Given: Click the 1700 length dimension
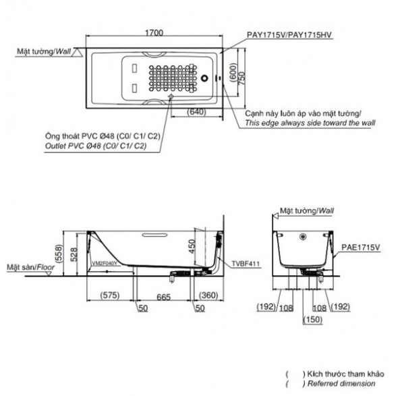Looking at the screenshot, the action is tap(154, 33).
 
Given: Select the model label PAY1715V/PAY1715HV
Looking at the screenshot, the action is tap(289, 35).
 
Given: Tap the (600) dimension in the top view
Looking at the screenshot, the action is tap(233, 72).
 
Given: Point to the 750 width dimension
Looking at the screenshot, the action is tap(242, 78).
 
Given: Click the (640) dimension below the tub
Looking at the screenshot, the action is tap(196, 111).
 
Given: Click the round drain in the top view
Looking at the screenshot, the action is tap(204, 78).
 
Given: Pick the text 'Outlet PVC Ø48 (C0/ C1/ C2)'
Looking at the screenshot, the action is tap(96, 146).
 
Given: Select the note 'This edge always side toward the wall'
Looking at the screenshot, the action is tap(310, 123).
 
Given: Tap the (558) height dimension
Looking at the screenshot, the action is tap(58, 254).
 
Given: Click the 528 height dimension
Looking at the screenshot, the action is tap(74, 254).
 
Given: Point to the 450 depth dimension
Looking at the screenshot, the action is tap(192, 246).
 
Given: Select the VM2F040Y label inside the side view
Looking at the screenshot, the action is tap(105, 263).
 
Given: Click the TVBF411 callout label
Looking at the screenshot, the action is tap(246, 264).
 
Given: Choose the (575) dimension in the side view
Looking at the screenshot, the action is tap(110, 295).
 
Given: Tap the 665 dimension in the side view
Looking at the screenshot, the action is tap(163, 298).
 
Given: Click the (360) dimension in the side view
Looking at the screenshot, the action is tap(208, 295).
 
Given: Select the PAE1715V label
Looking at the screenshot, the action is tap(360, 248).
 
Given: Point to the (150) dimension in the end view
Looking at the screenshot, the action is tap(313, 320).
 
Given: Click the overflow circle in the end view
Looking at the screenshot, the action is tap(303, 237).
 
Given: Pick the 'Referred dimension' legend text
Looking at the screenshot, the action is tap(341, 383).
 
